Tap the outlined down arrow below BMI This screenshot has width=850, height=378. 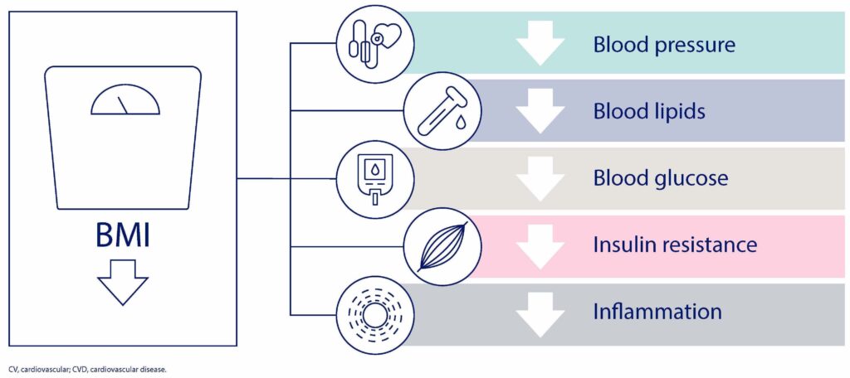(122, 282)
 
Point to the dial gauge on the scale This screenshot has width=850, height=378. (125, 103)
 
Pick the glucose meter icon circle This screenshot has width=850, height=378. (369, 177)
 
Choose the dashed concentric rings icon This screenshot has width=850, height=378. (369, 313)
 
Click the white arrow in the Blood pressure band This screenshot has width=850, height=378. (540, 45)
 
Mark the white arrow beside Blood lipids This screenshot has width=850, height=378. (540, 112)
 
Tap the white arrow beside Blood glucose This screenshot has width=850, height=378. (540, 179)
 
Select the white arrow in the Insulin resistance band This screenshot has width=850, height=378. (540, 246)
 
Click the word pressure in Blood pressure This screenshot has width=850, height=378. (694, 45)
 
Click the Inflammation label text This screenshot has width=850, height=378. (657, 313)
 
